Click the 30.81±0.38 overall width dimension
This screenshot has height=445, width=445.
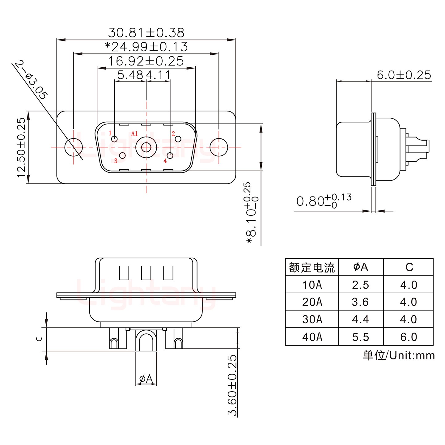point(146,32)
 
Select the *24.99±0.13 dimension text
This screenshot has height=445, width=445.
point(146,47)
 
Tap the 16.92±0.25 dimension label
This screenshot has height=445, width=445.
point(146,61)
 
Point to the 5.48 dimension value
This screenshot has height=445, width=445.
point(130,75)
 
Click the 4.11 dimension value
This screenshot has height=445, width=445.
point(158,75)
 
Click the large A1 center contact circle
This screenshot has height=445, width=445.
point(146,147)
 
